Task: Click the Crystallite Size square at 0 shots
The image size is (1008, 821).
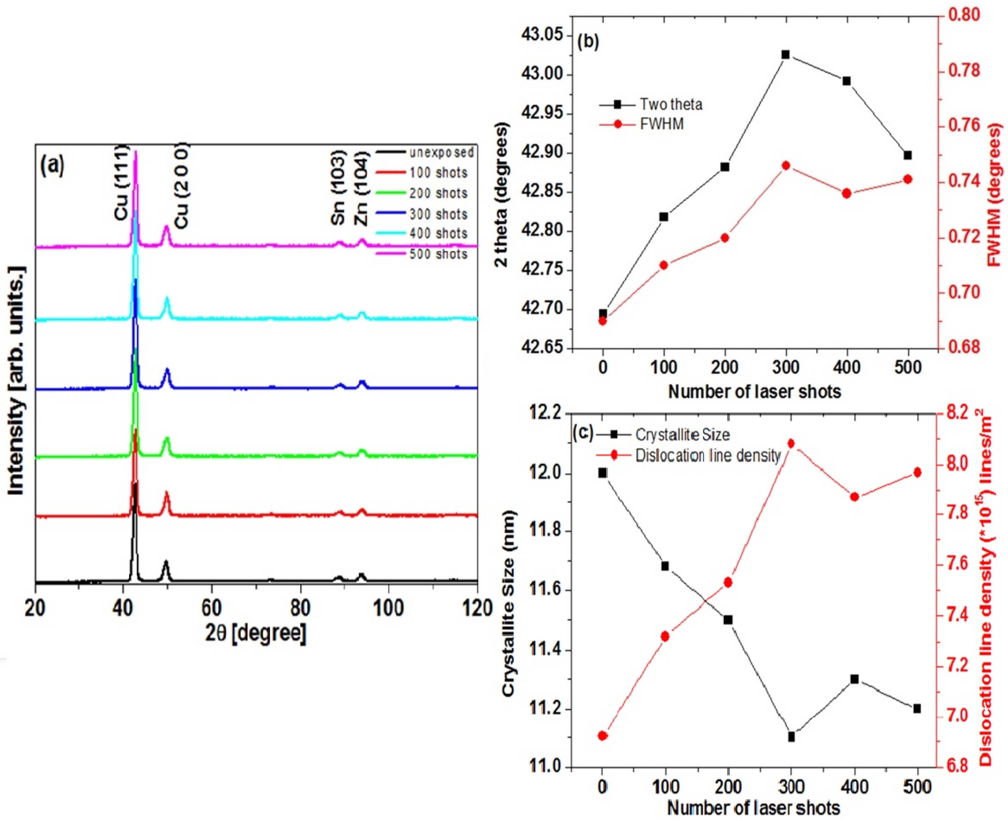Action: coord(603,473)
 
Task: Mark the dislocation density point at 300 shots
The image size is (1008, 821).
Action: coord(791,443)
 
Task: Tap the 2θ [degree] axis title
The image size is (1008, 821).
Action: coord(255,633)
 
